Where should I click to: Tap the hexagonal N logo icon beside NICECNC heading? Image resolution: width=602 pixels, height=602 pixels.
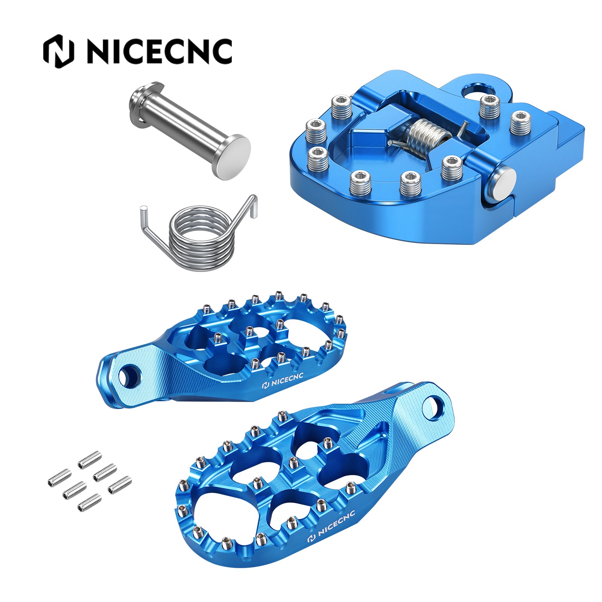pos(58,52)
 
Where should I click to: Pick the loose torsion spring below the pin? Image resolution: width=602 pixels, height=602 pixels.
pos(199,237)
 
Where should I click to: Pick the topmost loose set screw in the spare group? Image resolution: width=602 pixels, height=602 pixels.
pos(90,459)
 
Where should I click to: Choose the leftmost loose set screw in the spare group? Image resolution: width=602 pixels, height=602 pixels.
pos(59,477)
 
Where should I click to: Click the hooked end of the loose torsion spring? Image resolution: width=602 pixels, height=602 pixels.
pos(252,205)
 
